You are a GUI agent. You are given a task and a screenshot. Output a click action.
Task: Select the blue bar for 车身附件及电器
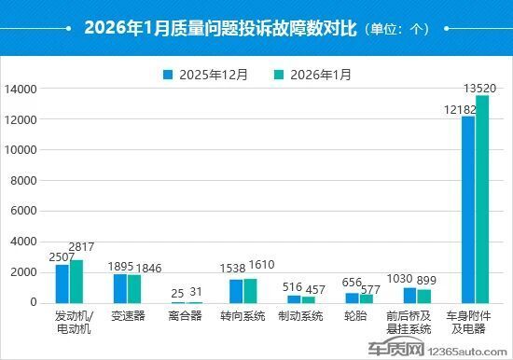coord(468,209)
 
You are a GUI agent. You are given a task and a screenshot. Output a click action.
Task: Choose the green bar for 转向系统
coord(250,290)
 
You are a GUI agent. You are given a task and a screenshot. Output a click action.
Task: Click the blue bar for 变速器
coord(120,288)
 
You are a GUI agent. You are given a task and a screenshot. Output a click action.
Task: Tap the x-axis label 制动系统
coord(301,316)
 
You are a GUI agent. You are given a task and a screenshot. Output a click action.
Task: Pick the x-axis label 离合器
coord(185,316)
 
